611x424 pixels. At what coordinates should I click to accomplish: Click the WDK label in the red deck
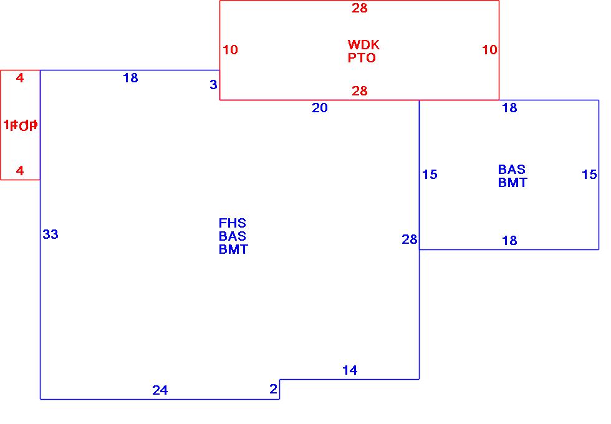(x=363, y=45)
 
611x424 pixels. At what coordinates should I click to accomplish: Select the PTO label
(x=362, y=58)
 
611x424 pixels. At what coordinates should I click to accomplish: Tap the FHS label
(x=233, y=223)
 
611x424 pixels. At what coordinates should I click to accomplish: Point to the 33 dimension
(x=51, y=234)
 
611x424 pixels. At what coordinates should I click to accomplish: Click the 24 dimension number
(x=160, y=390)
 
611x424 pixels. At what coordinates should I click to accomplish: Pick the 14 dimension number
(x=350, y=370)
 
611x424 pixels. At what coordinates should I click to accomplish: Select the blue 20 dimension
(x=320, y=108)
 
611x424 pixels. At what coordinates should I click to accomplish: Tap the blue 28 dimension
(x=410, y=239)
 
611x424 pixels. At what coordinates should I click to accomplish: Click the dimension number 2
(x=273, y=389)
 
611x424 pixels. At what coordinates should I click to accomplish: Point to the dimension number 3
(x=213, y=85)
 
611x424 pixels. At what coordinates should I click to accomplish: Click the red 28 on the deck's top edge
(x=360, y=8)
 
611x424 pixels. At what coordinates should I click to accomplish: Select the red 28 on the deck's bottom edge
(x=360, y=92)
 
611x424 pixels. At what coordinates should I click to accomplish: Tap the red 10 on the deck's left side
(x=230, y=50)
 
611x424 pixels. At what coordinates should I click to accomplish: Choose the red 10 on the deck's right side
(x=490, y=50)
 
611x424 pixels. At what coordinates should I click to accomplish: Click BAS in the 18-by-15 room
(x=512, y=170)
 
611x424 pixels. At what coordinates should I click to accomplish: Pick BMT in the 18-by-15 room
(x=512, y=183)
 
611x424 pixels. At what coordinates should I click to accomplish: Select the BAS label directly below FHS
(x=233, y=236)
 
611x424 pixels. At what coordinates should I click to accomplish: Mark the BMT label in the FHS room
(x=233, y=249)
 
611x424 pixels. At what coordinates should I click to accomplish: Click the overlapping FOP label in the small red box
(x=21, y=125)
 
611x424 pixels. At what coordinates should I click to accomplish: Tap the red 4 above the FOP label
(x=20, y=78)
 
